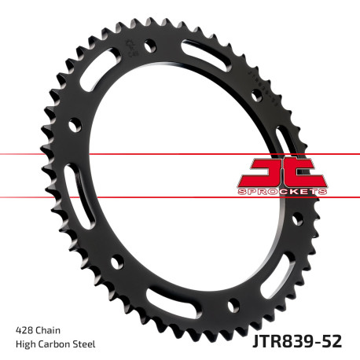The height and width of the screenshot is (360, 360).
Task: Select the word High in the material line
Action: (x=25, y=344)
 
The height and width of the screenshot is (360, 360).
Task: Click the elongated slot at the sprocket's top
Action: (x=212, y=59)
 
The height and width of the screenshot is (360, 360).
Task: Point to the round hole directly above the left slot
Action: (x=75, y=124)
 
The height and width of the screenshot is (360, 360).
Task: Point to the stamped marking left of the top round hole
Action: (x=128, y=49)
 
